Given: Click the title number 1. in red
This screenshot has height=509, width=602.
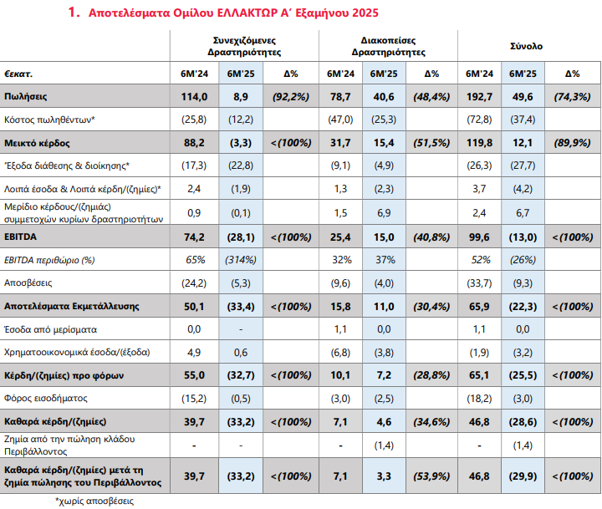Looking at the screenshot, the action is coord(74,13).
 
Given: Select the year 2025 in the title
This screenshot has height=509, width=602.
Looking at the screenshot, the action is coord(365,13).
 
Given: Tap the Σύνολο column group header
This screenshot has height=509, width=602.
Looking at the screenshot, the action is coord(526,46).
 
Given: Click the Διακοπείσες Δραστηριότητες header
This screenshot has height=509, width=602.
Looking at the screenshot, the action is coord(388,46).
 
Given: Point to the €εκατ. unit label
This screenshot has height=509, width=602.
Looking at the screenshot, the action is coord(18,74).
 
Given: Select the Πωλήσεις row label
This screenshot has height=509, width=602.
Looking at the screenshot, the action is coord(25,96).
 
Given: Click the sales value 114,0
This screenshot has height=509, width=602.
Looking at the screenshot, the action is coord(194,96).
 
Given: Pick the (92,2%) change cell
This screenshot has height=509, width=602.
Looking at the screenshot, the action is coord(291,96).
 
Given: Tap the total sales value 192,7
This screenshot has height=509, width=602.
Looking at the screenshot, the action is coord(479,96).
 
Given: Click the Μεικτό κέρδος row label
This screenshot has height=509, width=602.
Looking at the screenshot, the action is coord(37,143).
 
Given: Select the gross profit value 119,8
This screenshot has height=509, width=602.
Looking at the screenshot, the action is coord(479,143).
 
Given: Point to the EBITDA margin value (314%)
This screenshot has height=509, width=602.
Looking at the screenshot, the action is coord(241,260).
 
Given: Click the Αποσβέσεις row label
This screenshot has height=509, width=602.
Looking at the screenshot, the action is coord(28,282).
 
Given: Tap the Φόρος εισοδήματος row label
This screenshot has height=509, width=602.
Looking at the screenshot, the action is coord(46,398).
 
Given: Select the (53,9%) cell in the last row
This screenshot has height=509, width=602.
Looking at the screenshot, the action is coord(431,476).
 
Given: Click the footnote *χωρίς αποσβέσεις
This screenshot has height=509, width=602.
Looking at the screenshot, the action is coord(94,501).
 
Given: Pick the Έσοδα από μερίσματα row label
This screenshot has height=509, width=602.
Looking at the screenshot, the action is coord(50,329).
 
